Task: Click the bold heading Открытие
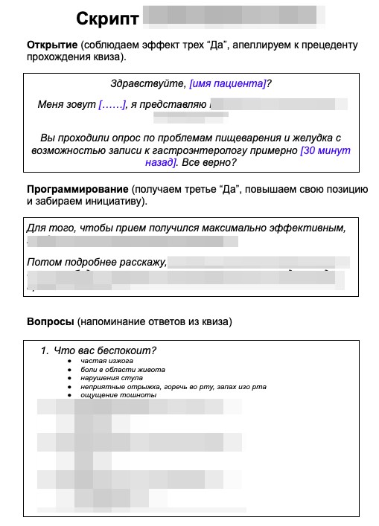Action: coord(52,45)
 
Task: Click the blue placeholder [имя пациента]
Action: coord(227,84)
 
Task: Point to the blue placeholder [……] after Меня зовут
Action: coord(112,105)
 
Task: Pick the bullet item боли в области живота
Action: coord(123,370)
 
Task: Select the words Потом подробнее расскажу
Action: coord(95,262)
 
